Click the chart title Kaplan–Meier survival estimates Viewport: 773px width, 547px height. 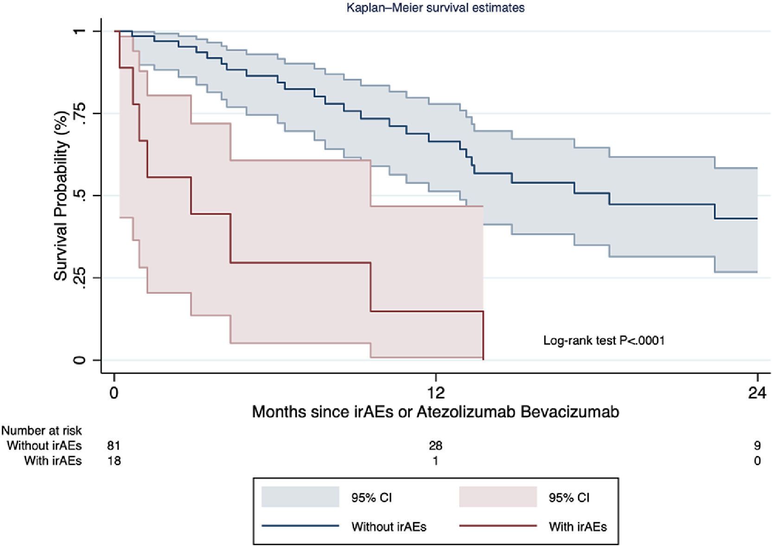pyautogui.click(x=435, y=7)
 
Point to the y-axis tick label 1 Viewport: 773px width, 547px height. pyautogui.click(x=79, y=31)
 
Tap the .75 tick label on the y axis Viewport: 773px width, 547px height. pyautogui.click(x=79, y=113)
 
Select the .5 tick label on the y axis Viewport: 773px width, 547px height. pyautogui.click(x=79, y=195)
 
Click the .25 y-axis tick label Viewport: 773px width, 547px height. pyautogui.click(x=79, y=278)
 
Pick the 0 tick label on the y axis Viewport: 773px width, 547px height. pyautogui.click(x=79, y=360)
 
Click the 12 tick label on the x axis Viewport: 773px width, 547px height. pyautogui.click(x=435, y=393)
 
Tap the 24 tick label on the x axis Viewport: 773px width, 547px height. pyautogui.click(x=757, y=393)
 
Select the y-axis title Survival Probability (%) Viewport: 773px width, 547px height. pyautogui.click(x=61, y=196)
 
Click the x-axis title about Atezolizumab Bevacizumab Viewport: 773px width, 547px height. pyautogui.click(x=435, y=412)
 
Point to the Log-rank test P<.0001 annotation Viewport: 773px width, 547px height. pyautogui.click(x=604, y=341)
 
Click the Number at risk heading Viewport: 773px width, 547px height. pyautogui.click(x=41, y=431)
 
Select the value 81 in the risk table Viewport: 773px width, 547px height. pyautogui.click(x=114, y=446)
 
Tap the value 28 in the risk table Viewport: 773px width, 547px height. pyautogui.click(x=435, y=446)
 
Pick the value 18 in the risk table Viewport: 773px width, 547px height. pyautogui.click(x=114, y=461)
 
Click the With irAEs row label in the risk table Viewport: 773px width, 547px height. pyautogui.click(x=53, y=461)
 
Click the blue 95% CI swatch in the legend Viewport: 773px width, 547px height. pyautogui.click(x=300, y=497)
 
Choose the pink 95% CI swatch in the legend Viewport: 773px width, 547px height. pyautogui.click(x=498, y=497)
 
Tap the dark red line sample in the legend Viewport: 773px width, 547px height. pyautogui.click(x=498, y=526)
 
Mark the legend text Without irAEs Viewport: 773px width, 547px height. pyautogui.click(x=389, y=527)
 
